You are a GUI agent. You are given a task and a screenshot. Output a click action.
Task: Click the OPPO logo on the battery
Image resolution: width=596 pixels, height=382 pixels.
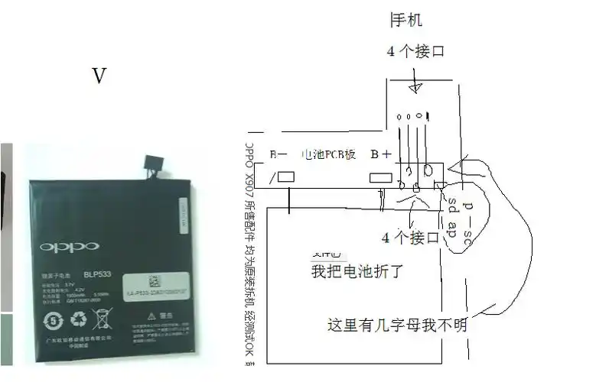70,247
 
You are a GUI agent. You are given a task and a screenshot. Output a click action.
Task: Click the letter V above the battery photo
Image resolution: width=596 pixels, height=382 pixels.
99,76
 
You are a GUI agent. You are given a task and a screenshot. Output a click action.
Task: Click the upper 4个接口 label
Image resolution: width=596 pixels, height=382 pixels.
415,52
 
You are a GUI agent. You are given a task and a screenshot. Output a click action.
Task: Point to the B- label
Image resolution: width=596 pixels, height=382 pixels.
278,154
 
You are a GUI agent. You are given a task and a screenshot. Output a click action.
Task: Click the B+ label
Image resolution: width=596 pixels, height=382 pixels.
381,154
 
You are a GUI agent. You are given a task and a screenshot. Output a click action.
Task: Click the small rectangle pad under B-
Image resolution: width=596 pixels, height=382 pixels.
286,177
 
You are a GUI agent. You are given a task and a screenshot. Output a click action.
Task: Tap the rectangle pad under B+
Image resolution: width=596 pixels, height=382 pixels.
381,178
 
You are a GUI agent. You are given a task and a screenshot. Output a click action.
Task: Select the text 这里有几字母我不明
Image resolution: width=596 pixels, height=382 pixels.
396,325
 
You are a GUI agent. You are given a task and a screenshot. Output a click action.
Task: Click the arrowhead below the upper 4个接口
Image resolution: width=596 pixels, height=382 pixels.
414,88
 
